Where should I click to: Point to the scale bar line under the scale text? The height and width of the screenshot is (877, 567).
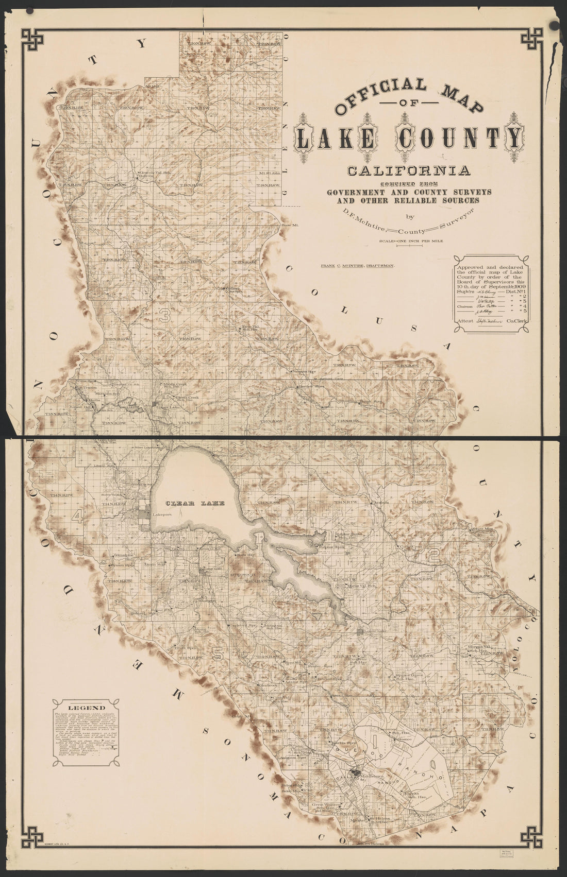point(408,246)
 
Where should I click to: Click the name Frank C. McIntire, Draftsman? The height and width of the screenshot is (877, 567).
point(357,266)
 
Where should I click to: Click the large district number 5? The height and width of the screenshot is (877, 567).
point(218,654)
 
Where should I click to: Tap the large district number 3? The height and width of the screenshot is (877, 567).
point(164,317)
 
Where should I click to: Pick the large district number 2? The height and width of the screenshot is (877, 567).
point(433,555)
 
